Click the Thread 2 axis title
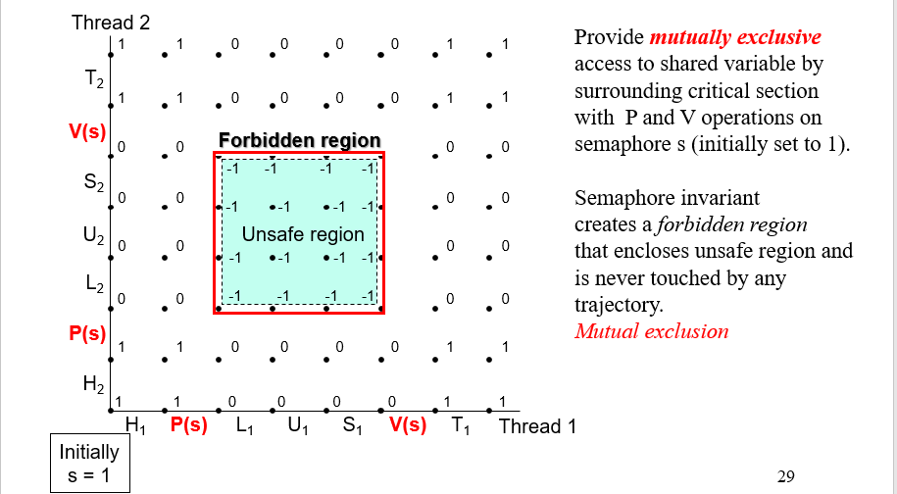[x=111, y=23]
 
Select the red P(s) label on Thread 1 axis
[x=188, y=426]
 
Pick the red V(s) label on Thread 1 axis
[x=408, y=426]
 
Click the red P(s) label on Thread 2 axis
[x=87, y=333]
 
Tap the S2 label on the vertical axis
[x=94, y=183]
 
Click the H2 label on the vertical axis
[x=94, y=385]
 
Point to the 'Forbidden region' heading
[x=299, y=141]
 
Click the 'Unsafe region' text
[x=303, y=235]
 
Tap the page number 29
[x=785, y=477]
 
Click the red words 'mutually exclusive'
[x=735, y=38]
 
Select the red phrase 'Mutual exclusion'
[x=651, y=331]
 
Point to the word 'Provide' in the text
[x=609, y=38]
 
